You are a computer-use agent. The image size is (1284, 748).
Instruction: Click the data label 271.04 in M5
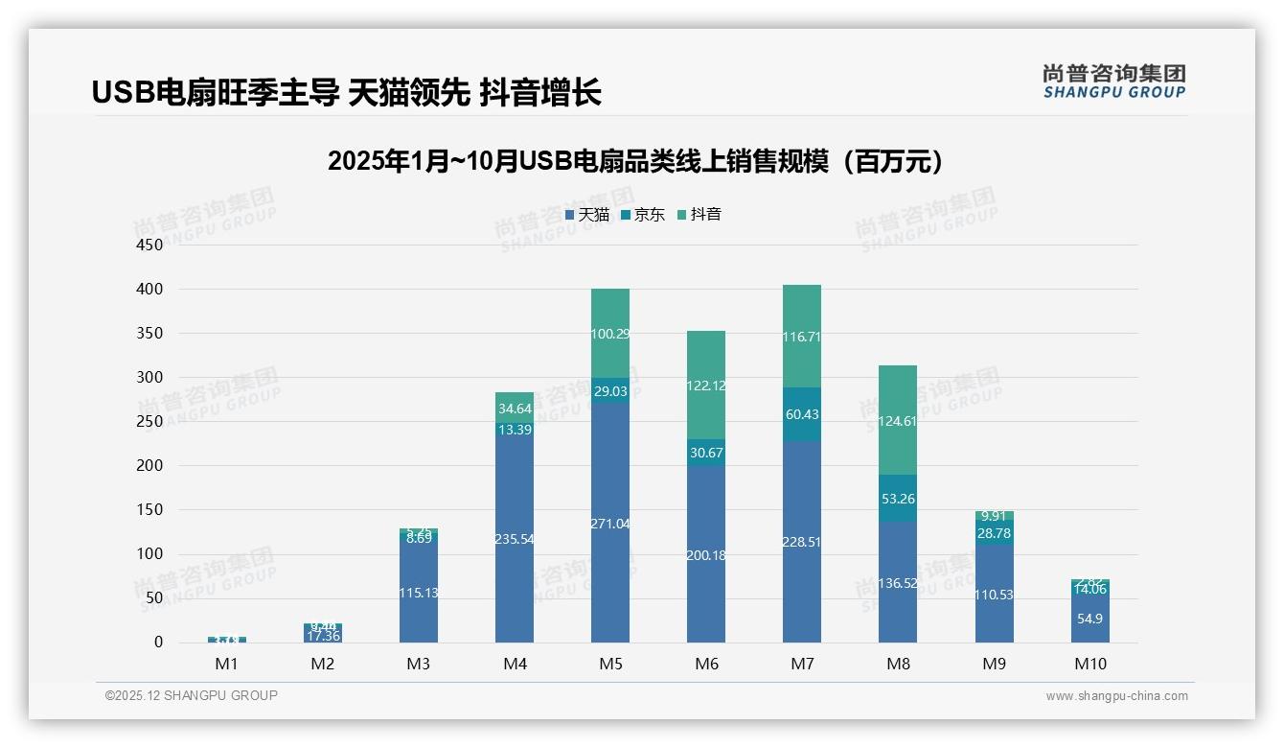point(610,524)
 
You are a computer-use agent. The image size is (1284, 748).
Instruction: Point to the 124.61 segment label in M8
point(898,421)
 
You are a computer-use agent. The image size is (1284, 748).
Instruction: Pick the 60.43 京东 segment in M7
point(802,414)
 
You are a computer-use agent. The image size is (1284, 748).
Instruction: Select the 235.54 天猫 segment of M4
point(515,539)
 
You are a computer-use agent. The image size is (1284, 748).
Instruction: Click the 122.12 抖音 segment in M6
point(706,386)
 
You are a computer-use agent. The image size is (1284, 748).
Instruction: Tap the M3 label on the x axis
point(419,664)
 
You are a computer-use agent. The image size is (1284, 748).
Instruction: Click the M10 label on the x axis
point(1089,664)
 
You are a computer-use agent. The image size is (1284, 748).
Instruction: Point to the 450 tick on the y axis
point(149,245)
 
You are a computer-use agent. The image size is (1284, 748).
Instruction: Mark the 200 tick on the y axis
point(149,466)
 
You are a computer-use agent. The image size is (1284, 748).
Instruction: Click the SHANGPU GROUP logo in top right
point(1113,82)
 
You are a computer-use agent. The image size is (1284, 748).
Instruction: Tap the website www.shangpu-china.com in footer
point(1116,696)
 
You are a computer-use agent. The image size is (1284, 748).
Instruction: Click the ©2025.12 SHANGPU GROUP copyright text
point(192,695)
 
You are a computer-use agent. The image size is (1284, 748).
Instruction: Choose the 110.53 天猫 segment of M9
point(994,595)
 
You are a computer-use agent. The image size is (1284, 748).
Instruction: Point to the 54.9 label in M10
point(1089,619)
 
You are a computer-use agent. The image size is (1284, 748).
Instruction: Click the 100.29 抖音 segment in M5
point(610,334)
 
